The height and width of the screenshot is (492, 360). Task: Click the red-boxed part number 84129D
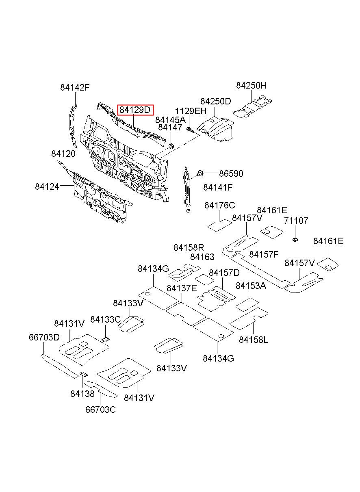tap(135, 110)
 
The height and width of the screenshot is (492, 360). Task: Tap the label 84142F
tap(75, 88)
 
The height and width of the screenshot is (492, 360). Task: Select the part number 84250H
tap(251, 85)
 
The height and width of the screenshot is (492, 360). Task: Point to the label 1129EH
tap(191, 111)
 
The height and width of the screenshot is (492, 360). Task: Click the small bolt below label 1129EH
tap(190, 130)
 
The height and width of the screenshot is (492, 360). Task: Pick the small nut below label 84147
tap(171, 145)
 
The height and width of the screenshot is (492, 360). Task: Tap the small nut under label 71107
tap(295, 240)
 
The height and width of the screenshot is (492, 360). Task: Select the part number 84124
tap(47, 187)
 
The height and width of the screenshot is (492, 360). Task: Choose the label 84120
tap(63, 154)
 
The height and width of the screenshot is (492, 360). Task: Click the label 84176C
tap(220, 205)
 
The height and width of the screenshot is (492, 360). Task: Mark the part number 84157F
tap(264, 255)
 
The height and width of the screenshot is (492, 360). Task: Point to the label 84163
tap(202, 257)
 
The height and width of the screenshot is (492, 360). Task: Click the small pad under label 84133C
tap(106, 339)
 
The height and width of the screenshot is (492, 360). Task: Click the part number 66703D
tap(44, 337)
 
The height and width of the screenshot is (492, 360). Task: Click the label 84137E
tap(182, 288)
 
